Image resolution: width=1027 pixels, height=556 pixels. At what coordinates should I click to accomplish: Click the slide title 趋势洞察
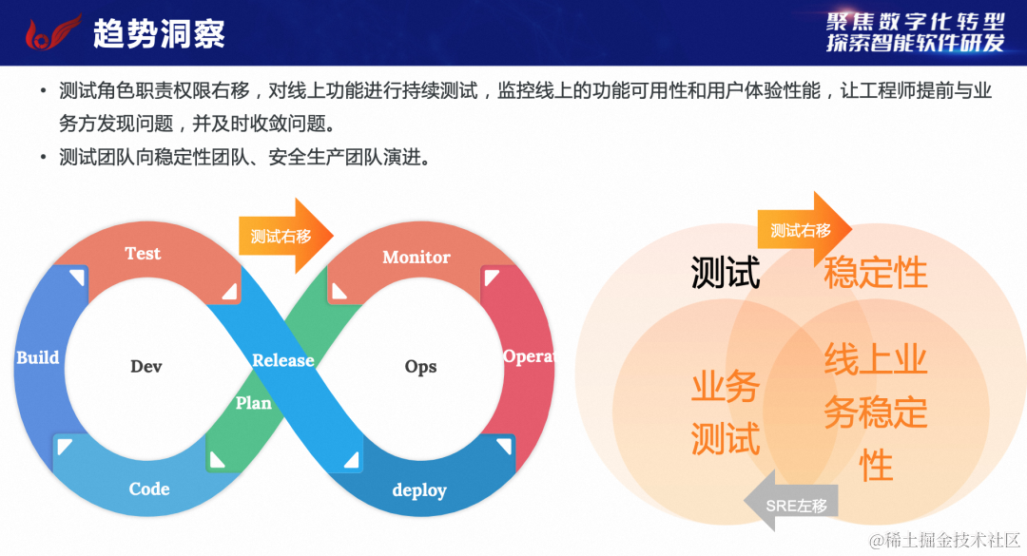[159, 34]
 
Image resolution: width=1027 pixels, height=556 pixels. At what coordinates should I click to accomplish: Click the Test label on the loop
[143, 254]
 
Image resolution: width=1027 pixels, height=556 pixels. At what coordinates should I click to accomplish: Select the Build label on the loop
[38, 358]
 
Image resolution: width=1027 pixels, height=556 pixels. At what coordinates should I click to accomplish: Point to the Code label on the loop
[149, 489]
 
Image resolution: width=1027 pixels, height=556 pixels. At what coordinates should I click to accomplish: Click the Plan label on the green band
[254, 403]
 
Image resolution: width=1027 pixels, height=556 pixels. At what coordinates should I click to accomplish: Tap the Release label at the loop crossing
[283, 360]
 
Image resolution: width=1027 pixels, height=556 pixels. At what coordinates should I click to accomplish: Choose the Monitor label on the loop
[417, 258]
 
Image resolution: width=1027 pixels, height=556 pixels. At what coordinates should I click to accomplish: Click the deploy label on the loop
[419, 490]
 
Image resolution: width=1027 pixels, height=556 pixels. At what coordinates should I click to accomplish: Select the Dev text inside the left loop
[146, 367]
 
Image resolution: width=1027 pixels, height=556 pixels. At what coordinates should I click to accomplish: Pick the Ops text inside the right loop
[420, 367]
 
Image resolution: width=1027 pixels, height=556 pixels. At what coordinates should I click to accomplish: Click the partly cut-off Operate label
[528, 356]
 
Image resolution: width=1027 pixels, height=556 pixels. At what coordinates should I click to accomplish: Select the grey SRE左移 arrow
[791, 507]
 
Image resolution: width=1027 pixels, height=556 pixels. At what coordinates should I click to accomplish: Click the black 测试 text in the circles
[726, 274]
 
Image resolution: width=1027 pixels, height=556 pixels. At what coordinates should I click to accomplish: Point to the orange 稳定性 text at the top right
[875, 273]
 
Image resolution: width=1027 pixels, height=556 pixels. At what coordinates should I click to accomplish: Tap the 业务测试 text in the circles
[726, 413]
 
